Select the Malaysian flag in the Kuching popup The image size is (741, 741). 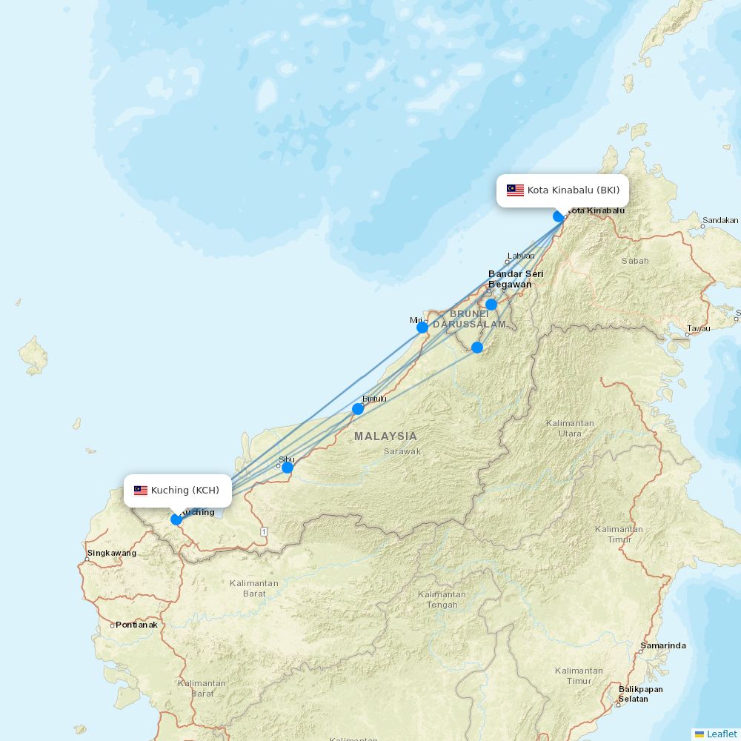tap(141, 491)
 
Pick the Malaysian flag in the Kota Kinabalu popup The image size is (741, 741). tap(515, 190)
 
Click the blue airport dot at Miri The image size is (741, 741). tap(422, 328)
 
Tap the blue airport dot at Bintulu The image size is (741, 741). tap(358, 409)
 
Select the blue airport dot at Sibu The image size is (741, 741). tap(288, 468)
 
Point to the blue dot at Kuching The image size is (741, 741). tap(176, 519)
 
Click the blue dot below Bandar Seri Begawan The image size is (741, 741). tap(491, 305)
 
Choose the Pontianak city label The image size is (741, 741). tap(136, 625)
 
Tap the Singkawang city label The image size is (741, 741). tap(112, 553)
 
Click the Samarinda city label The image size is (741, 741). tap(663, 645)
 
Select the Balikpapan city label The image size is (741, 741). tap(640, 689)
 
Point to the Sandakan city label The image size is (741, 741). tap(720, 220)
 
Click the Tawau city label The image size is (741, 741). tap(698, 328)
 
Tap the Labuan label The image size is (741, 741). tap(520, 256)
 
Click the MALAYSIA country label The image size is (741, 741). tap(385, 436)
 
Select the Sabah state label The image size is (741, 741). tap(635, 261)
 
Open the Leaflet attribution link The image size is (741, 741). tap(721, 734)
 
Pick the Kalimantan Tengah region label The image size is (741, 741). tap(442, 599)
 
